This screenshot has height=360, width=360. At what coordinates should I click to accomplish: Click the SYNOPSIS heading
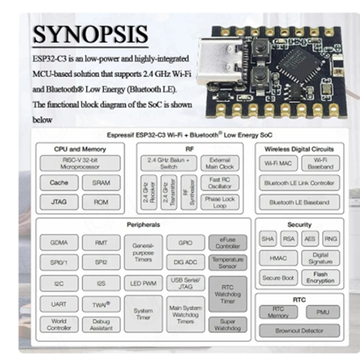click(x=90, y=34)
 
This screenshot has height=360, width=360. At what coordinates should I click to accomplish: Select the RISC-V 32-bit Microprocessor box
click(x=80, y=163)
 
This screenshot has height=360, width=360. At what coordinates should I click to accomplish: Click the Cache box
click(x=59, y=183)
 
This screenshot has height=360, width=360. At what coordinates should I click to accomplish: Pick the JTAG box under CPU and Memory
click(x=59, y=202)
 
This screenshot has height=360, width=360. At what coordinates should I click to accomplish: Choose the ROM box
click(x=101, y=202)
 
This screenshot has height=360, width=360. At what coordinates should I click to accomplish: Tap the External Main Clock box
click(x=219, y=163)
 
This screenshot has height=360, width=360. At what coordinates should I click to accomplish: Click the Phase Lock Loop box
click(x=219, y=202)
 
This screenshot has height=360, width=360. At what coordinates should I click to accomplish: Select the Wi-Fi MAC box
click(x=278, y=163)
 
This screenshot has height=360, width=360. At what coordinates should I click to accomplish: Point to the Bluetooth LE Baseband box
click(x=299, y=202)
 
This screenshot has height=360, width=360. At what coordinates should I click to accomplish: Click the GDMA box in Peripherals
click(x=59, y=243)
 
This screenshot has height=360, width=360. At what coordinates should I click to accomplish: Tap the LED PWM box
click(x=143, y=283)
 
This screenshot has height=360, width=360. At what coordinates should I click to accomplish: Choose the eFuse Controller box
click(x=227, y=243)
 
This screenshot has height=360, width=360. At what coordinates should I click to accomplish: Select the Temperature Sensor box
click(x=227, y=262)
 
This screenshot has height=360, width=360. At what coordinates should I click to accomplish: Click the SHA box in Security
click(x=268, y=239)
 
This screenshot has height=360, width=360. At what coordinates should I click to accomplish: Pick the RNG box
click(x=330, y=239)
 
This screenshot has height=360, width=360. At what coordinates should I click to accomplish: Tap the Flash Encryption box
click(x=320, y=277)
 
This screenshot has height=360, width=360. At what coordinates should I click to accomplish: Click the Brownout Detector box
click(x=299, y=330)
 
